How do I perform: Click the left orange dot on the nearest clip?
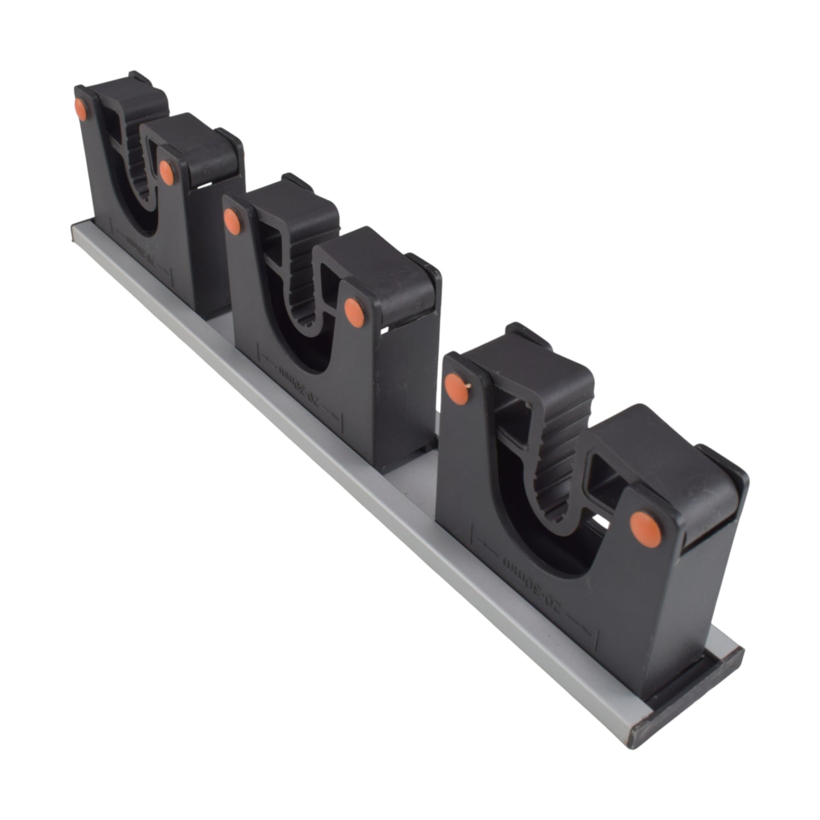coord(456,389)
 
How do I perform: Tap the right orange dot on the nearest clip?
coord(646,528)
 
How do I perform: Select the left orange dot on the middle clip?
coord(232,221)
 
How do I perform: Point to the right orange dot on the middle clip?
coord(354,312)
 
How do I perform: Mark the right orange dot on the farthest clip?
coord(166,173)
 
